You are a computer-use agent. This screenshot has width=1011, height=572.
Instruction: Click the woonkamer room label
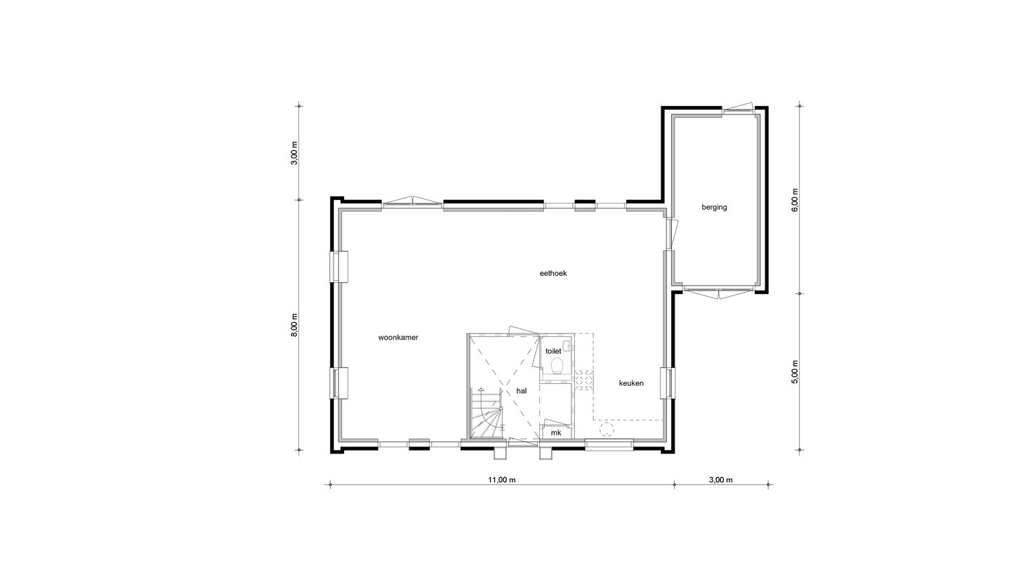(398, 338)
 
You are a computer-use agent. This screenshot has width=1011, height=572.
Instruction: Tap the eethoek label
(553, 274)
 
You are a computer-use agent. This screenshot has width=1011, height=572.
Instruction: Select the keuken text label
(631, 383)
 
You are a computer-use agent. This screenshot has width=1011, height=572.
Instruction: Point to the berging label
(714, 207)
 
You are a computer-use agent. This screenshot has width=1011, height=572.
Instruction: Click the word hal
(522, 391)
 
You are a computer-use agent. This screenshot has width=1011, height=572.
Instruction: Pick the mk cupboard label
(556, 433)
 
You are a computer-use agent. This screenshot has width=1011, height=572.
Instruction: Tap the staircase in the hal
(486, 418)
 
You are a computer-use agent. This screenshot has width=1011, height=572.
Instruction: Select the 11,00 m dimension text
(502, 480)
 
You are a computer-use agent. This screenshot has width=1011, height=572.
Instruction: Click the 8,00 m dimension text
(295, 326)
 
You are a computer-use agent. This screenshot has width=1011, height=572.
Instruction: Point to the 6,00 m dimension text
(795, 200)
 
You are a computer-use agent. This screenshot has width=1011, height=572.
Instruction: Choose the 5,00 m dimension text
(795, 372)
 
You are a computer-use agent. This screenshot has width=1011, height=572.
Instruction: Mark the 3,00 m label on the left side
(295, 152)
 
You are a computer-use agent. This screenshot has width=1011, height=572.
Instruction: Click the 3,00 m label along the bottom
(720, 480)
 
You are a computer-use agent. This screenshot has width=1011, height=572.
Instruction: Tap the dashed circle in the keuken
(607, 430)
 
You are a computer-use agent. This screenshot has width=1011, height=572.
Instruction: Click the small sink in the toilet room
(565, 345)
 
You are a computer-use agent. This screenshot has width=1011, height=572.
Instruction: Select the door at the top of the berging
(738, 109)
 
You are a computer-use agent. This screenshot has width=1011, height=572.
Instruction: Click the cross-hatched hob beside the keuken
(583, 379)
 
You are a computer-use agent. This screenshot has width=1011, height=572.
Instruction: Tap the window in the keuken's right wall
(666, 383)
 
